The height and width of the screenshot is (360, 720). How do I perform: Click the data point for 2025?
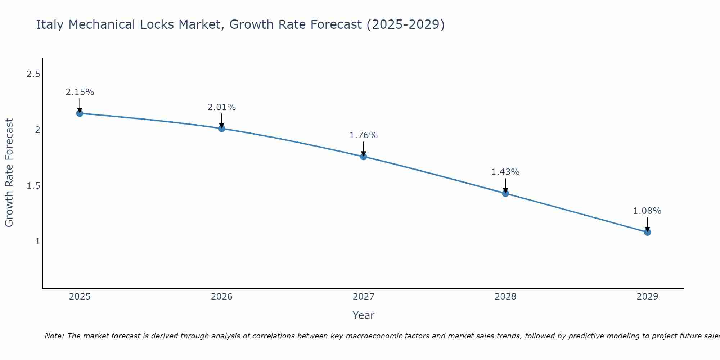pos(80,113)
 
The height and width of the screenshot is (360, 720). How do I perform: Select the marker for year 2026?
pos(221,129)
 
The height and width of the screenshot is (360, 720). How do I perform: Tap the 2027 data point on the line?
pos(363,157)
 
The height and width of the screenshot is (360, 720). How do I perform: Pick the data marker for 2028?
pos(505,193)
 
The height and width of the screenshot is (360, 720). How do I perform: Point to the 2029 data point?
pos(647,232)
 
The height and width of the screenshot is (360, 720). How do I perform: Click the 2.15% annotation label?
pos(80,92)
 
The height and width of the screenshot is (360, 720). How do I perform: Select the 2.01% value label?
pos(221,107)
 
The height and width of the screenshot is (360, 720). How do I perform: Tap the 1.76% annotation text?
pos(363,135)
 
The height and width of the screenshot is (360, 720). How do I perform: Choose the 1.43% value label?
pos(505,172)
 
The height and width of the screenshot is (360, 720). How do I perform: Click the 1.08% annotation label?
pos(647,211)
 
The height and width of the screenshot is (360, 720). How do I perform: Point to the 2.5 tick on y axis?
pos(33,74)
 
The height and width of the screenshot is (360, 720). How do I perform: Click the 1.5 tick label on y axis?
pos(33,186)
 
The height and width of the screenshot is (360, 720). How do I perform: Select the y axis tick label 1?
pos(37,241)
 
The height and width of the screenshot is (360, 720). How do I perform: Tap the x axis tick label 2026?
pos(221,297)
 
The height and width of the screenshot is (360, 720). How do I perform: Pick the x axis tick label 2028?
pos(505,297)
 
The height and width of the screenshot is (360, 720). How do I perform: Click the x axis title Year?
pos(363,315)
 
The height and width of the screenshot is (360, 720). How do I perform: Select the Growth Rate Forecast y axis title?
pos(9,173)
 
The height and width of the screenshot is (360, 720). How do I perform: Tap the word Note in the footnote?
pos(54,336)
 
